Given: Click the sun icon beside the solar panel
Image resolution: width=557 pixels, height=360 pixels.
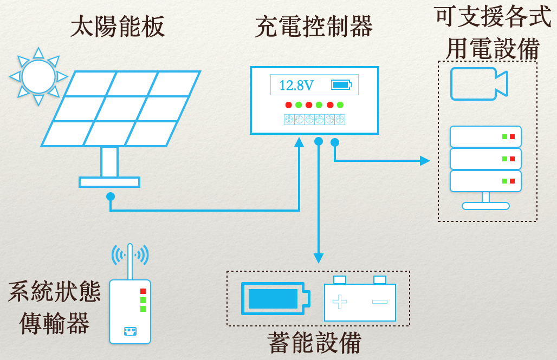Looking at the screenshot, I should tap(38, 76).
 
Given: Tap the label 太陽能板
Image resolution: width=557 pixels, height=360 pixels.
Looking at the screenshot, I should tap(118, 27).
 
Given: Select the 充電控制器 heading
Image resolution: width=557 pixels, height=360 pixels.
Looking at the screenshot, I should tap(314, 27).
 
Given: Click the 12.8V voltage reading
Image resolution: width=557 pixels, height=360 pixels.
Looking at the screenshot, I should tap(296, 85).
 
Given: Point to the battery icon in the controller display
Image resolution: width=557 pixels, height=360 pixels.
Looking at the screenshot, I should tap(341, 85).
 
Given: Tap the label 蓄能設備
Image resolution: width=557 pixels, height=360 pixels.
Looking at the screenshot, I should tap(315, 343).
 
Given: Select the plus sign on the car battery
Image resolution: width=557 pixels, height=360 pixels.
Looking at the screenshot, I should tap(340, 302).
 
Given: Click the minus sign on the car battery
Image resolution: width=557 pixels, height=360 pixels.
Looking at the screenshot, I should tap(380, 302).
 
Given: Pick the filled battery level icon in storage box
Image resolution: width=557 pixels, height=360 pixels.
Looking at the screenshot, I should tap(275, 298).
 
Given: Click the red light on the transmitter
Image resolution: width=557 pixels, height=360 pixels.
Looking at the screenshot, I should tap(143, 291).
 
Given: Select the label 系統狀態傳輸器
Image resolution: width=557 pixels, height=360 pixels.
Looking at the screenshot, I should tap(54, 308).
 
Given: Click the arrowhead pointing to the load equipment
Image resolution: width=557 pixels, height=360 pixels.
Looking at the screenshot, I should tap(425, 161).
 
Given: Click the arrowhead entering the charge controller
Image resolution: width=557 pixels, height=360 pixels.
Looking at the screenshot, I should tap(299, 142).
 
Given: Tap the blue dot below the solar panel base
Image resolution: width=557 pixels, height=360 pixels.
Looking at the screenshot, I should tap(111, 196).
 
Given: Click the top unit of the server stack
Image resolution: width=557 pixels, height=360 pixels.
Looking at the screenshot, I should tap(485, 137).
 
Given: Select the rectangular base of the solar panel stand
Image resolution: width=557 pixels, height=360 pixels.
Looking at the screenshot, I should tap(109, 182).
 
